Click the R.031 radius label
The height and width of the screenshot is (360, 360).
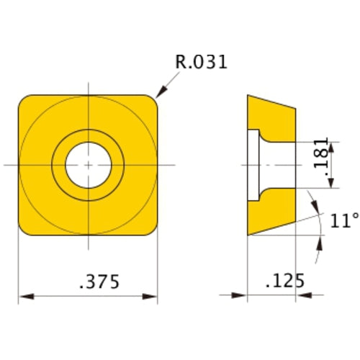click(x=202, y=63)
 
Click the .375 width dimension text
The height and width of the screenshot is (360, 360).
click(x=89, y=280)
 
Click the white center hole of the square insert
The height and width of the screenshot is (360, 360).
click(x=87, y=165)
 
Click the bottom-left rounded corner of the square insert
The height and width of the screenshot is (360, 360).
click(x=24, y=229)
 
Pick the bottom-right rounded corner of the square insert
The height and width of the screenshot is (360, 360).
click(x=152, y=229)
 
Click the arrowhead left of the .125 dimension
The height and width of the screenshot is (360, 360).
click(x=240, y=295)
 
